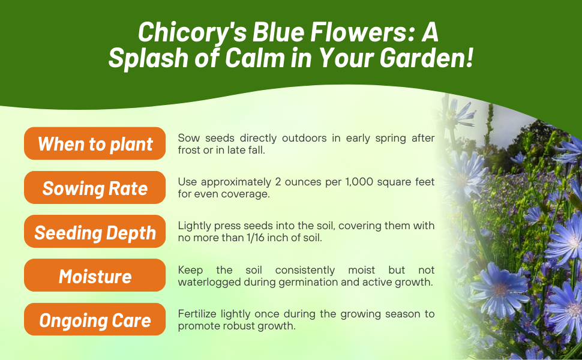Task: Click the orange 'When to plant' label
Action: pos(95,144)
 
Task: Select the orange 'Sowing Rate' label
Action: pos(95,188)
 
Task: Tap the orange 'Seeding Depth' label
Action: pos(95,232)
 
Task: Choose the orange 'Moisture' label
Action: pos(95,276)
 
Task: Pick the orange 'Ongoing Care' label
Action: pos(95,320)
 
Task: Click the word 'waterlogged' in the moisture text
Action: pos(207,281)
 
